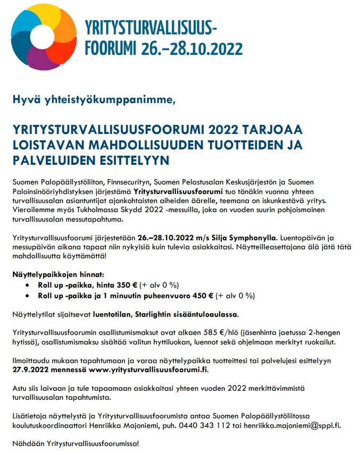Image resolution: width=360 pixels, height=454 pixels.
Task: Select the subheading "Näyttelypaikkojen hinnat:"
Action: pyautogui.click(x=55, y=275)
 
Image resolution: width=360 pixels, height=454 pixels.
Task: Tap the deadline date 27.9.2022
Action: pyautogui.click(x=31, y=369)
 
